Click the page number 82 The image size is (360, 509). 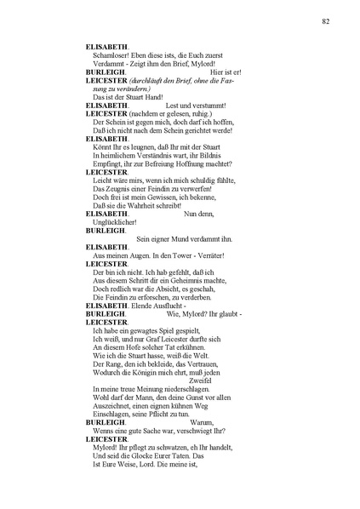pos(326,20)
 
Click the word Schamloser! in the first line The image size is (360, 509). pos(108,54)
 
